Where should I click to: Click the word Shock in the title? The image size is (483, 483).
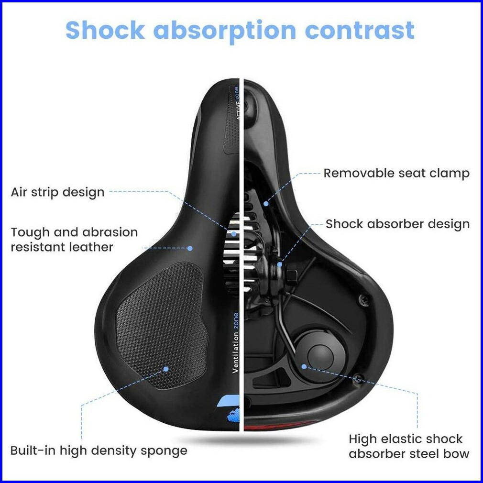click(x=105, y=30)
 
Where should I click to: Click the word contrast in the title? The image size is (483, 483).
click(x=360, y=30)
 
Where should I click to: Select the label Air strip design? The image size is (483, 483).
click(x=57, y=192)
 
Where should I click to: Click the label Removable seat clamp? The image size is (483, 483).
click(x=396, y=173)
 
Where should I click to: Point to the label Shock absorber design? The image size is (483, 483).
click(x=397, y=224)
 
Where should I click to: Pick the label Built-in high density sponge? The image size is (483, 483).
click(x=99, y=450)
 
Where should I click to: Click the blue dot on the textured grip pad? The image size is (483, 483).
click(x=166, y=369)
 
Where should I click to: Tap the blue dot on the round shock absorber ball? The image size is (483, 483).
click(x=304, y=366)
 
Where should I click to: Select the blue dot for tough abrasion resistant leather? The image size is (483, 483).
click(x=189, y=248)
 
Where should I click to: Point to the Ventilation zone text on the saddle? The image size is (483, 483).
click(x=235, y=341)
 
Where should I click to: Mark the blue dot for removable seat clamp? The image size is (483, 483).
click(x=265, y=203)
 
